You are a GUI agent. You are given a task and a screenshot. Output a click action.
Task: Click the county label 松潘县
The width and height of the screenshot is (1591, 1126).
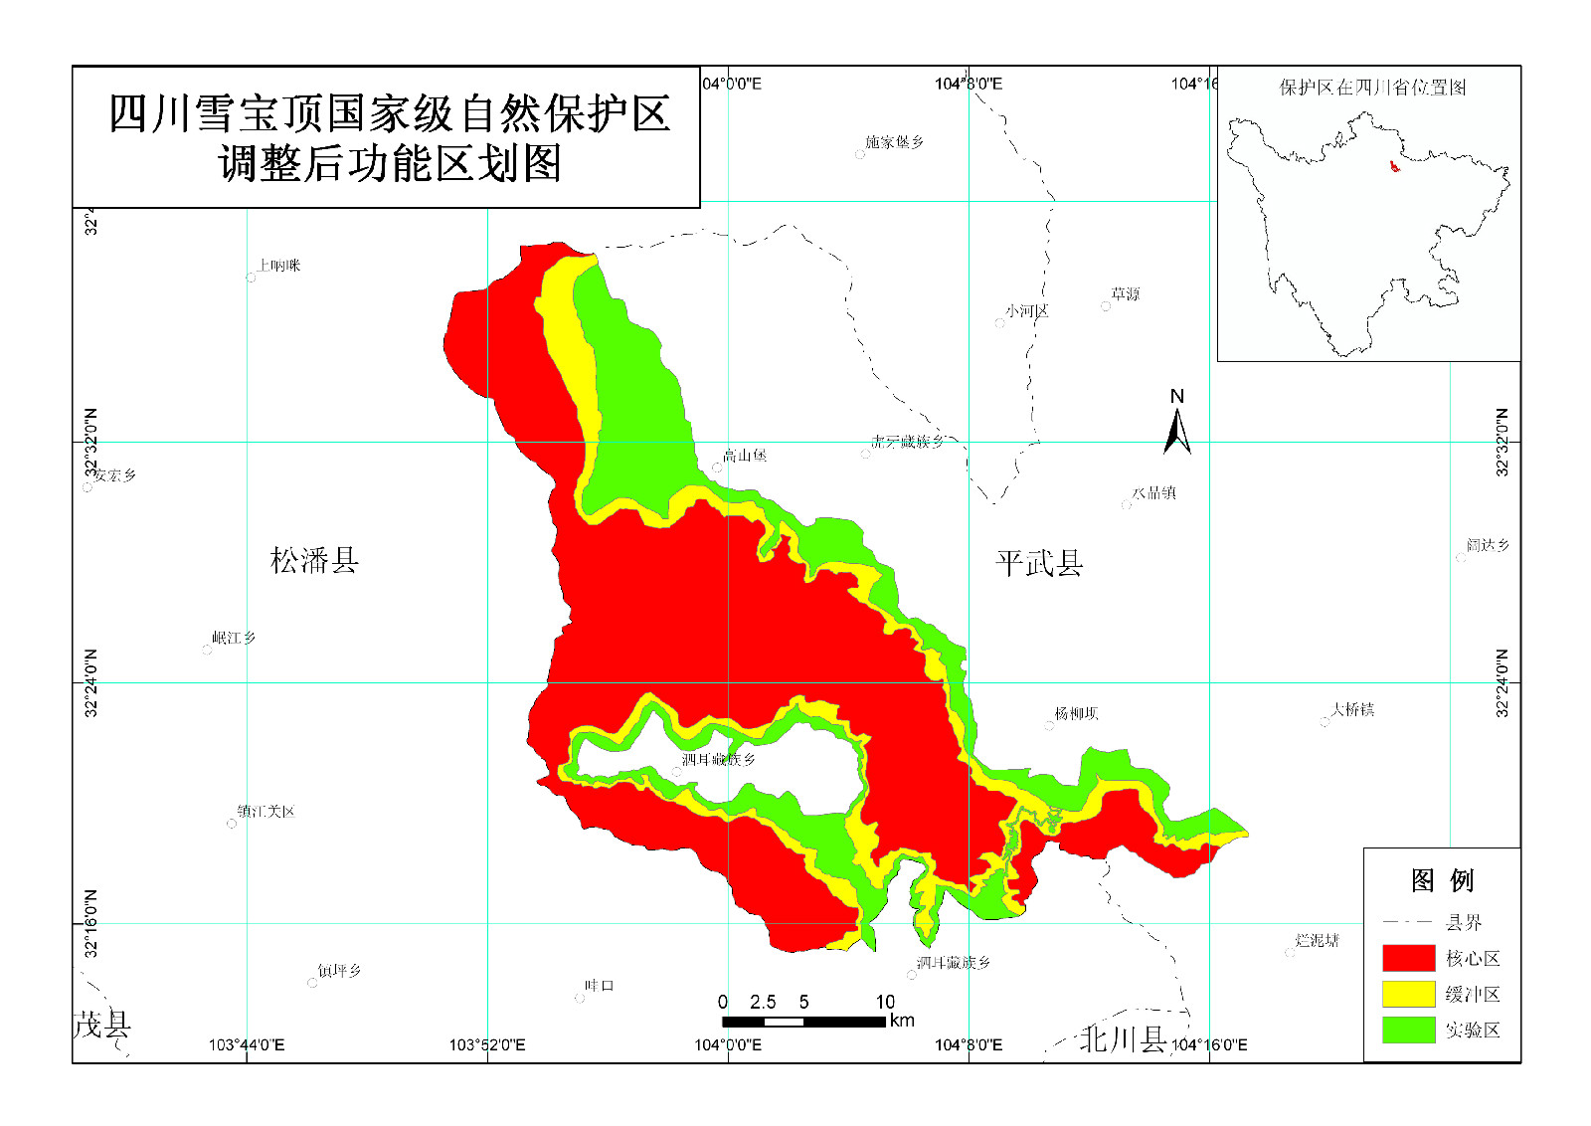tap(314, 561)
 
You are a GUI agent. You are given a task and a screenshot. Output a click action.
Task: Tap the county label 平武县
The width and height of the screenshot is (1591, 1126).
tap(1039, 564)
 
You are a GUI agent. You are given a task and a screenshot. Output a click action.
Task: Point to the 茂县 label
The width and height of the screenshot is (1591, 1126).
tap(101, 1025)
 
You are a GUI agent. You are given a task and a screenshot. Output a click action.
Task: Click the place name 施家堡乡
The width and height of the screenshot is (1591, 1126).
tap(894, 142)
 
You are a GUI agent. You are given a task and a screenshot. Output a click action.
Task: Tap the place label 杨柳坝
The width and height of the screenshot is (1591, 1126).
tap(1076, 713)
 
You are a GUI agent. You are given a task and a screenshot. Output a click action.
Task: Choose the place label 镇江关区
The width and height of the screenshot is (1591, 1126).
tap(265, 812)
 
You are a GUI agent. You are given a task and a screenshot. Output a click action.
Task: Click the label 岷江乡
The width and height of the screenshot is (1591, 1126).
tap(234, 638)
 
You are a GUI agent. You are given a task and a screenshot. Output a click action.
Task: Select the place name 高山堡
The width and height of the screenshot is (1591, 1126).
tap(744, 456)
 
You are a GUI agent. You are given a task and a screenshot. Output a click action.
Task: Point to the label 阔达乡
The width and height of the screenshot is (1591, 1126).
tap(1488, 545)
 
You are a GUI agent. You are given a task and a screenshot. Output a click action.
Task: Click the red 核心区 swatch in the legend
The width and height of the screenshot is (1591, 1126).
tap(1408, 958)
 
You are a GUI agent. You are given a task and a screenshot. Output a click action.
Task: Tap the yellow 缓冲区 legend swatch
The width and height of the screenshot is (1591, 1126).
tap(1408, 994)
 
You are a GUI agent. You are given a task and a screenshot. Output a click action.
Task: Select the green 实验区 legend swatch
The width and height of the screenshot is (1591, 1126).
tap(1408, 1030)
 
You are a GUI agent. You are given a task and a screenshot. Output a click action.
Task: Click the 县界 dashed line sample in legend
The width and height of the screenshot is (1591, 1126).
tap(1407, 922)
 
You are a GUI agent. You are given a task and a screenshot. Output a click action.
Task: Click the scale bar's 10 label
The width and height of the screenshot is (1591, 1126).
tap(885, 1002)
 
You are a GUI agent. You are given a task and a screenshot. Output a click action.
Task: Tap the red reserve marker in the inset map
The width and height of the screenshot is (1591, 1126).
tap(1393, 165)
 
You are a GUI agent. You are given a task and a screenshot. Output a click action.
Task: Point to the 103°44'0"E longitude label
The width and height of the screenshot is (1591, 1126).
tap(246, 1044)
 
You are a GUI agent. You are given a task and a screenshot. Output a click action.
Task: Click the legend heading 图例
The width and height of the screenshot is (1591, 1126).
tap(1442, 880)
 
